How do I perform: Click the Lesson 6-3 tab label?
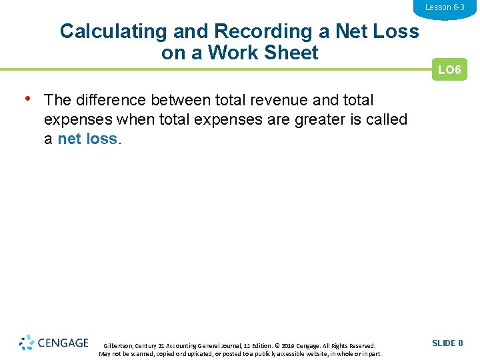point(445,7)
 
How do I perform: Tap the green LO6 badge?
point(449,70)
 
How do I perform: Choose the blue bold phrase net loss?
point(87,139)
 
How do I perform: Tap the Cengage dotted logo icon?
point(27,343)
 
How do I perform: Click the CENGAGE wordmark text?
point(63,343)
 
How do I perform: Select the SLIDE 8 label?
point(447,343)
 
